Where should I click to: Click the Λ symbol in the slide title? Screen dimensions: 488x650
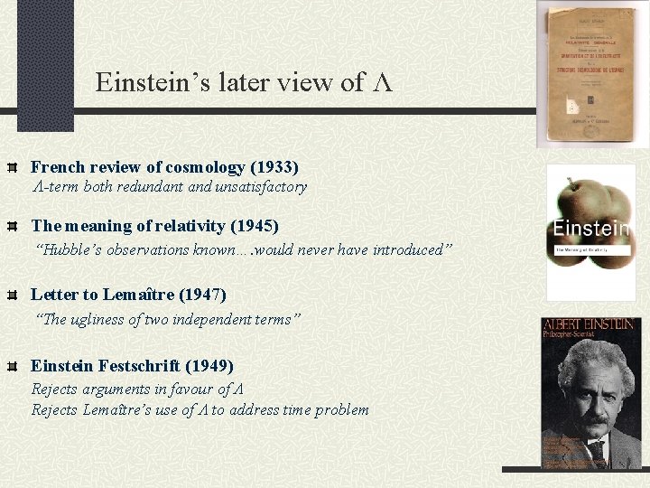[382, 84]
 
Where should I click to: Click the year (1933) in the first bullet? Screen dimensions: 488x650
[274, 167]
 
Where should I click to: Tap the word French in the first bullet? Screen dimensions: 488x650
[58, 167]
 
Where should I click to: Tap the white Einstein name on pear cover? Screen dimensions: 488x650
[591, 228]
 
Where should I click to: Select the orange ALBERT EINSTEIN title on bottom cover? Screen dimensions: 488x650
[591, 326]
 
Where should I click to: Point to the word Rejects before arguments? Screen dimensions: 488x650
[54, 389]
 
